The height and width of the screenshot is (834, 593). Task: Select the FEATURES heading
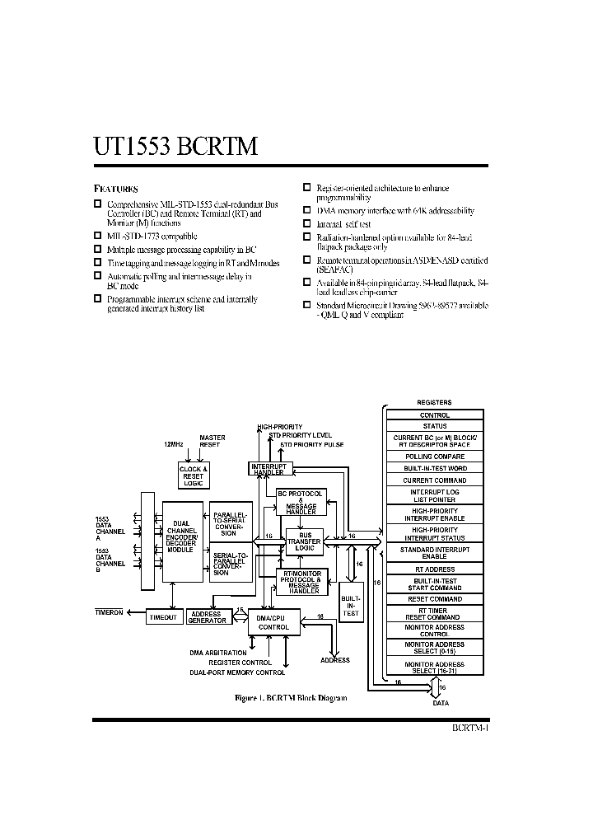114,188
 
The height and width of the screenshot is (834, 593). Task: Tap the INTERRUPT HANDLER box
268,468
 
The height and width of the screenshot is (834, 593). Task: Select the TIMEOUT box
163,617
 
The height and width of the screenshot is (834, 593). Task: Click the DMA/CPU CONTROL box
273,622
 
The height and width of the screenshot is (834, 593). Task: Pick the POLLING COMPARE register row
434,457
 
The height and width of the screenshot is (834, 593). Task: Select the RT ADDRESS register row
434,569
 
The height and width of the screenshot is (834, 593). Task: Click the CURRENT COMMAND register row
434,480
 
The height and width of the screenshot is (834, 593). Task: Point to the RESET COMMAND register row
434,599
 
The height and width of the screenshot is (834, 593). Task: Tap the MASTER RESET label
212,441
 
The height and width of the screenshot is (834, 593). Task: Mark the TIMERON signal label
108,613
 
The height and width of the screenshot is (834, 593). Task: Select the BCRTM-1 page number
470,729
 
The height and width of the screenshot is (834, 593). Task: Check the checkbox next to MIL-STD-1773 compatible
97,237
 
